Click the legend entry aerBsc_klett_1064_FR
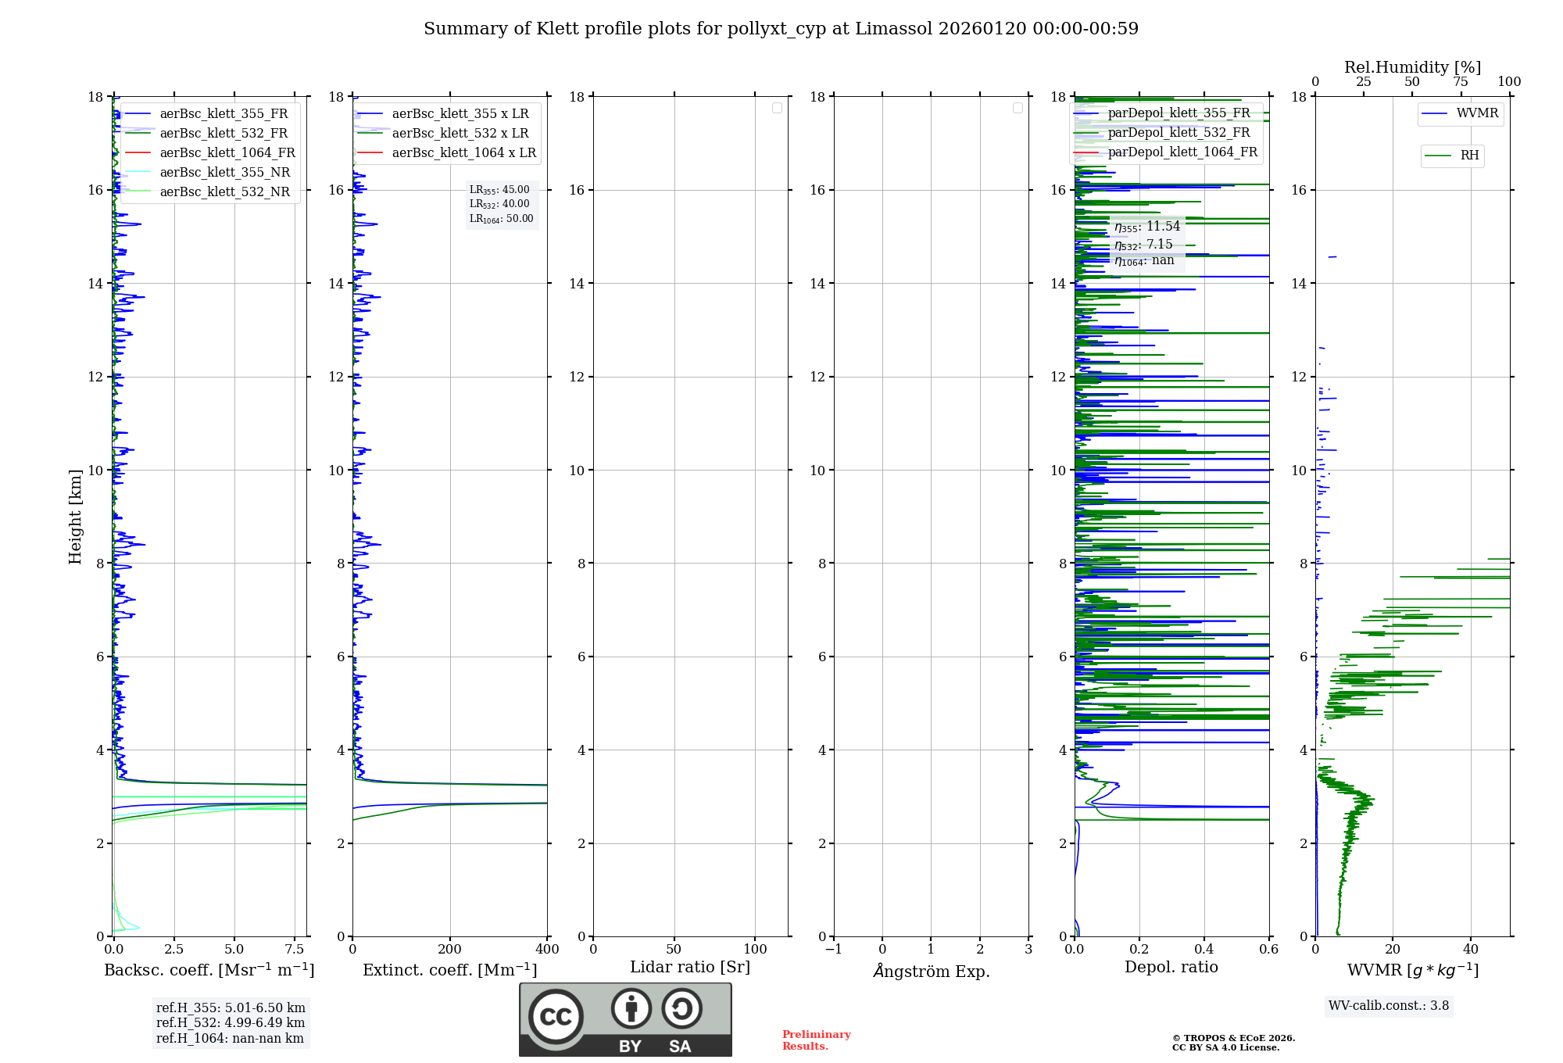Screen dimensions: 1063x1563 tap(227, 153)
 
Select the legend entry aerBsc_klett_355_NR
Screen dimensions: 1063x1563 tap(224, 173)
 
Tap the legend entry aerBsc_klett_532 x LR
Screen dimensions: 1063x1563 tap(460, 134)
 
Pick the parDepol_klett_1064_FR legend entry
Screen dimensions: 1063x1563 tap(1182, 152)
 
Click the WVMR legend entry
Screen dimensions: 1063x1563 tap(1476, 113)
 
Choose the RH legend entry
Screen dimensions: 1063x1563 tap(1469, 156)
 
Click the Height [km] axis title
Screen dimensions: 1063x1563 tap(75, 517)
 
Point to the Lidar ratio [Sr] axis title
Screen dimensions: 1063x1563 tap(690, 968)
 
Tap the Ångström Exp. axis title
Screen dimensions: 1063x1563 tap(931, 972)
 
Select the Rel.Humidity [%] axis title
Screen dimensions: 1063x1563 tap(1412, 67)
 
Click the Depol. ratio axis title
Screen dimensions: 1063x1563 tap(1171, 968)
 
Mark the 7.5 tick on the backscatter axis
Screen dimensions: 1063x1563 tap(295, 950)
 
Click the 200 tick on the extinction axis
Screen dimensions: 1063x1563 tap(450, 950)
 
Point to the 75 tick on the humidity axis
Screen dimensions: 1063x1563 tap(1460, 82)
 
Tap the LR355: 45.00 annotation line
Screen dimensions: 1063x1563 tap(499, 190)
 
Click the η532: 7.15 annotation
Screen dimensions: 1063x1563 tap(1143, 245)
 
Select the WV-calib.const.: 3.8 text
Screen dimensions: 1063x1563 tap(1389, 1006)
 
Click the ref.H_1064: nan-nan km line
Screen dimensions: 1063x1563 tap(230, 1039)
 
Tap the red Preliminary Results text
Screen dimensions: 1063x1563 tap(816, 1040)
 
